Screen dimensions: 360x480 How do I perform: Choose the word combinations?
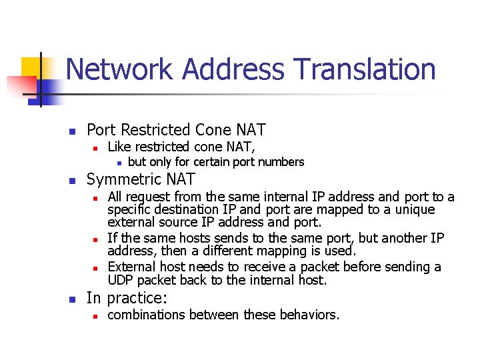point(147,315)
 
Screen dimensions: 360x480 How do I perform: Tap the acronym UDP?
point(121,280)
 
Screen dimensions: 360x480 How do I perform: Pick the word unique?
point(413,209)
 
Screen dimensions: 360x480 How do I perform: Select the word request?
point(147,197)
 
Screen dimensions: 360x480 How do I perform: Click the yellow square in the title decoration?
point(32,67)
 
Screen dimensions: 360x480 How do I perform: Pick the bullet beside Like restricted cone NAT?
point(95,147)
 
